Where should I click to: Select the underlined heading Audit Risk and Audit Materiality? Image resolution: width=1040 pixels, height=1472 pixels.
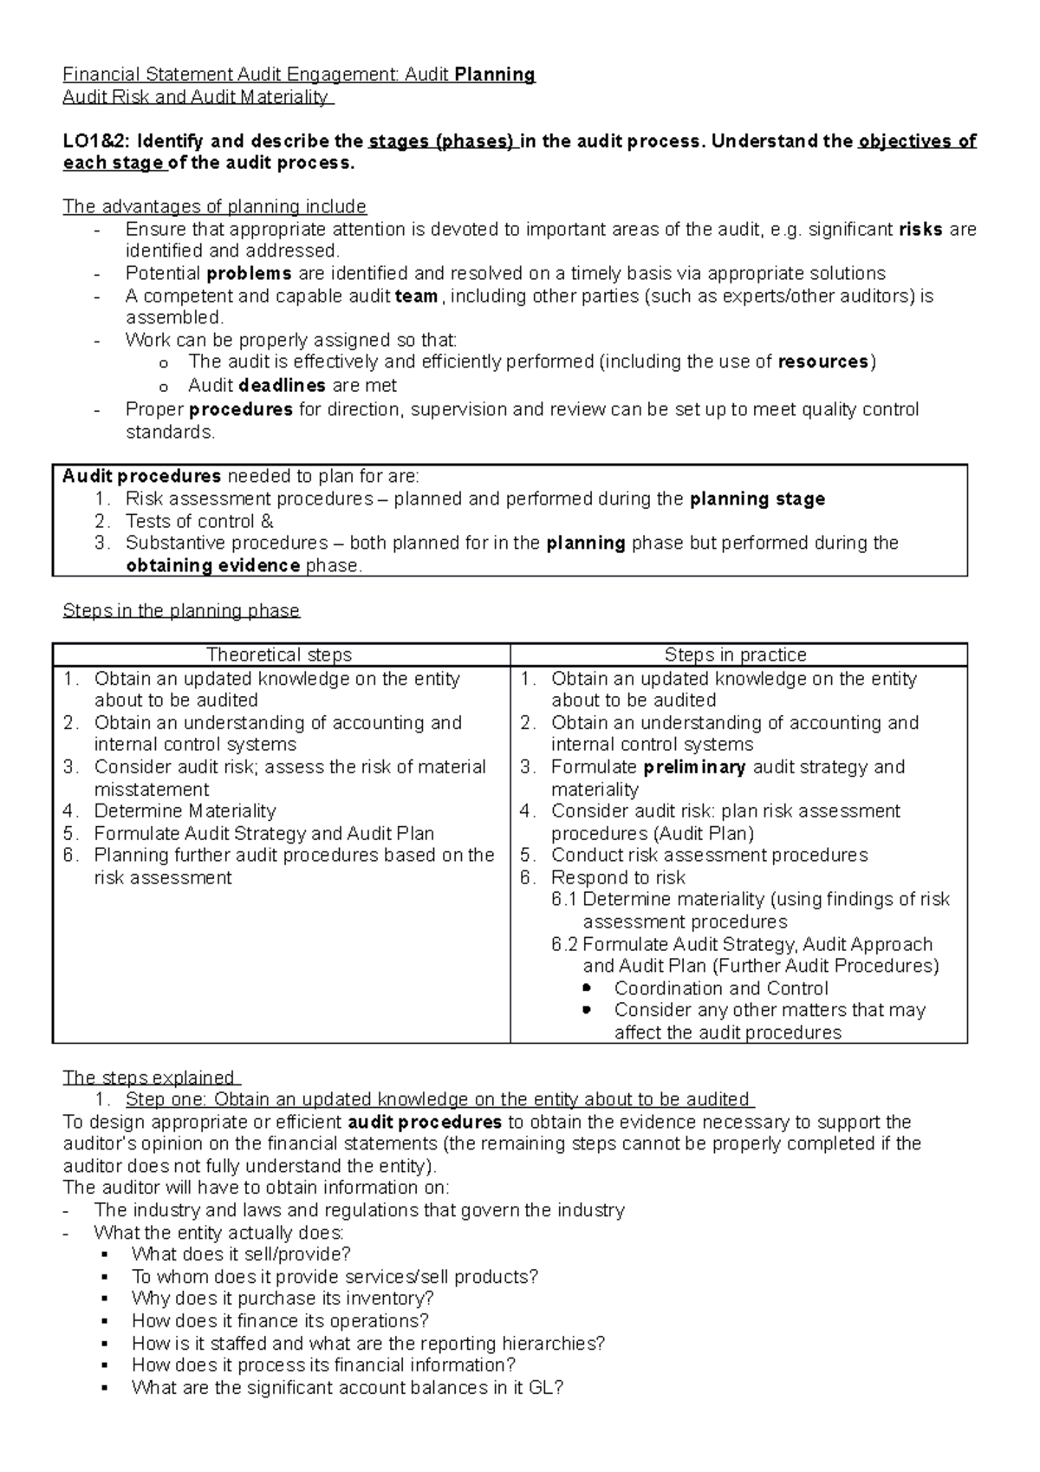click(196, 97)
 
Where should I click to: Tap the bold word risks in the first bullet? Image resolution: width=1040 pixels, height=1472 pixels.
click(921, 230)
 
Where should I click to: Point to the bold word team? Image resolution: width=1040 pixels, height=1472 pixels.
click(416, 296)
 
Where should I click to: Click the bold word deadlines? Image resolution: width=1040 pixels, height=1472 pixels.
click(283, 385)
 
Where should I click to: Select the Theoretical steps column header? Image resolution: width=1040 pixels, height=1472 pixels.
click(279, 655)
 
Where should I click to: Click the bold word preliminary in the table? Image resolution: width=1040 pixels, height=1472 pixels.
click(694, 767)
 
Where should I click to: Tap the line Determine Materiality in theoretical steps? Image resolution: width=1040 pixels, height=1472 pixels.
click(185, 811)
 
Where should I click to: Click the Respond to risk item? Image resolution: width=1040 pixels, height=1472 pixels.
click(618, 877)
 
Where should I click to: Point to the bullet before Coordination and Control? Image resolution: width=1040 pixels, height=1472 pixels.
click(587, 988)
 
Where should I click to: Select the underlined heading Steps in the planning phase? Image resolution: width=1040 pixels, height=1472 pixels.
click(181, 611)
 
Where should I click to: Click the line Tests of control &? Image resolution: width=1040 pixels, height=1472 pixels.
click(199, 521)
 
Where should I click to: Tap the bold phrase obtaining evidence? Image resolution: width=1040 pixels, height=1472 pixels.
click(213, 566)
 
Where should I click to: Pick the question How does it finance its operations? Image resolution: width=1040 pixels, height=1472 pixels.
click(280, 1321)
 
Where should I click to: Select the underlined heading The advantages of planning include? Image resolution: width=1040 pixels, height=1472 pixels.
click(215, 207)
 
